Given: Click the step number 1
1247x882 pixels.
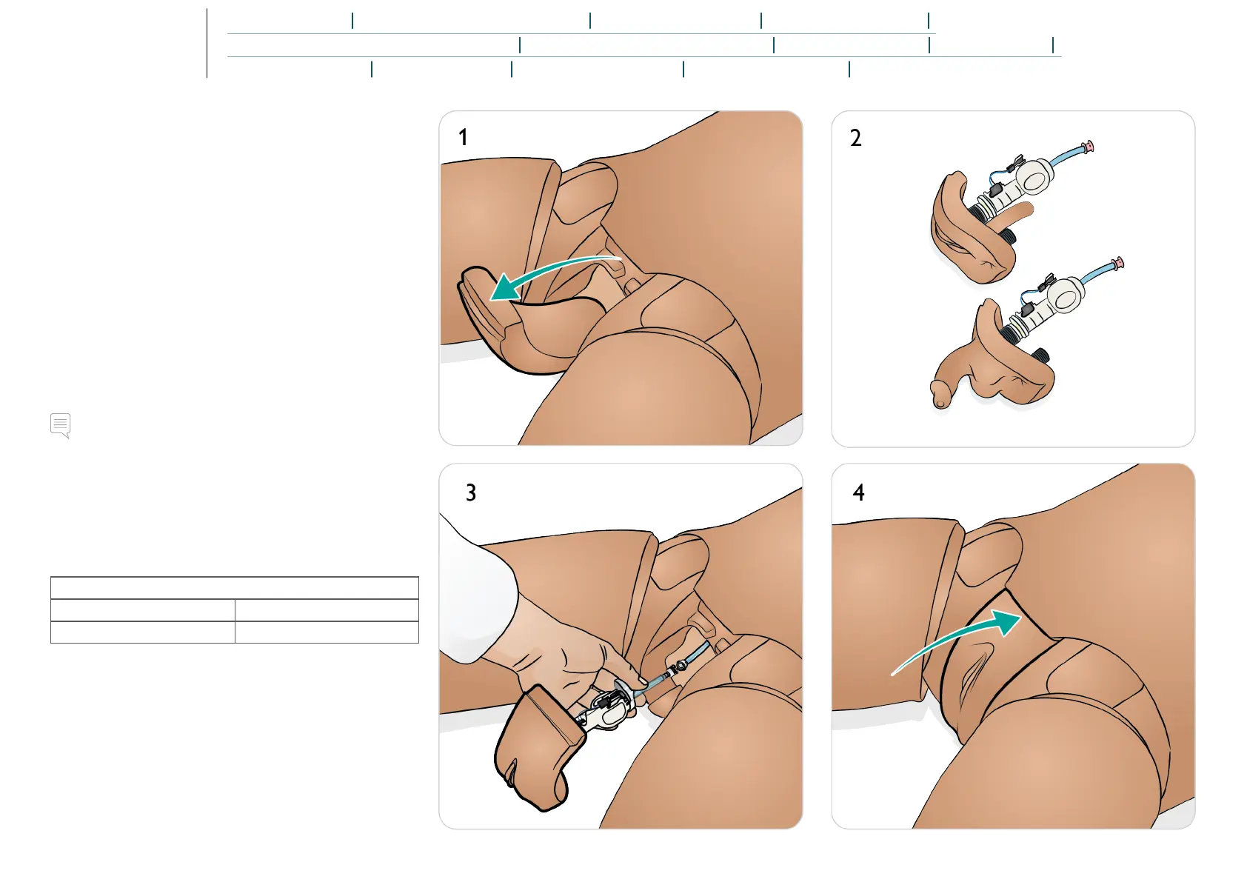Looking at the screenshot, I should (463, 138).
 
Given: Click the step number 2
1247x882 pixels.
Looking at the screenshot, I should (855, 138).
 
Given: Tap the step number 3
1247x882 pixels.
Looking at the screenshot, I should (470, 493).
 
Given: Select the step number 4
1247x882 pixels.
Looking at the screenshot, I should (858, 493).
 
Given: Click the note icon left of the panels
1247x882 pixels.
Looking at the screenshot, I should (61, 425).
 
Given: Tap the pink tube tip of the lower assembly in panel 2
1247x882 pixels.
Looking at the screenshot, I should (1118, 262).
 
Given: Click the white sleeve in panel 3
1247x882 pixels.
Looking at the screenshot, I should (474, 585).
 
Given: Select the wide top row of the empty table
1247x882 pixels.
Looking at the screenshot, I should (234, 588).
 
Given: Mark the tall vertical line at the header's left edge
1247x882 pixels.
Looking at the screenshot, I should (207, 43).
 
